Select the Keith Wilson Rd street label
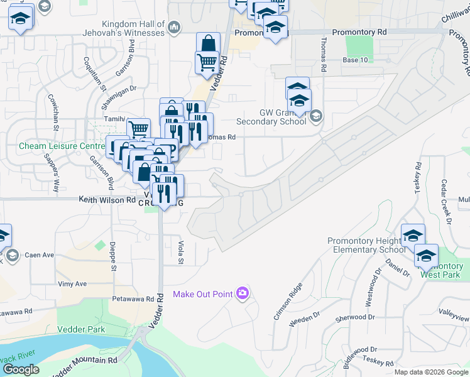[107, 200]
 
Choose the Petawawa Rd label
[133, 299]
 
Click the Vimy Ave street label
[72, 284]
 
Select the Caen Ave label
[40, 255]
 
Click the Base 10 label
[356, 60]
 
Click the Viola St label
[180, 252]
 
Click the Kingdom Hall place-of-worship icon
[175, 26]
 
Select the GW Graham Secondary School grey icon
[316, 116]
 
